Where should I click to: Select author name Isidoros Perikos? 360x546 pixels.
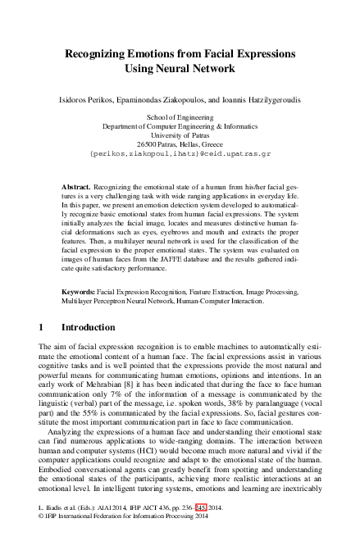coord(89,101)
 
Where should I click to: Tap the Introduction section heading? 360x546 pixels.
coord(83,327)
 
